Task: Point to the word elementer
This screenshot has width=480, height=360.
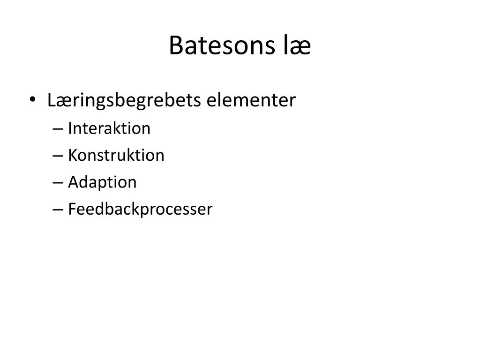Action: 252,100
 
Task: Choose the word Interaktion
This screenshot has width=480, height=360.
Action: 109,128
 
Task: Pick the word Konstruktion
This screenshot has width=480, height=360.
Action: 116,155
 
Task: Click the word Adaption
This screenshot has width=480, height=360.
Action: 102,182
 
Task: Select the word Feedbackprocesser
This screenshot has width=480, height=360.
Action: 140,210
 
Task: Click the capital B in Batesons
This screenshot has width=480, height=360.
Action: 175,46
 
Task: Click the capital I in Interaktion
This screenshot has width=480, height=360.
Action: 70,128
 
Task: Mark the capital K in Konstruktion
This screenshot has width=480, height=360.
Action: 72,155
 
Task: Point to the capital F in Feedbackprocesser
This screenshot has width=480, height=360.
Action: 72,209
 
